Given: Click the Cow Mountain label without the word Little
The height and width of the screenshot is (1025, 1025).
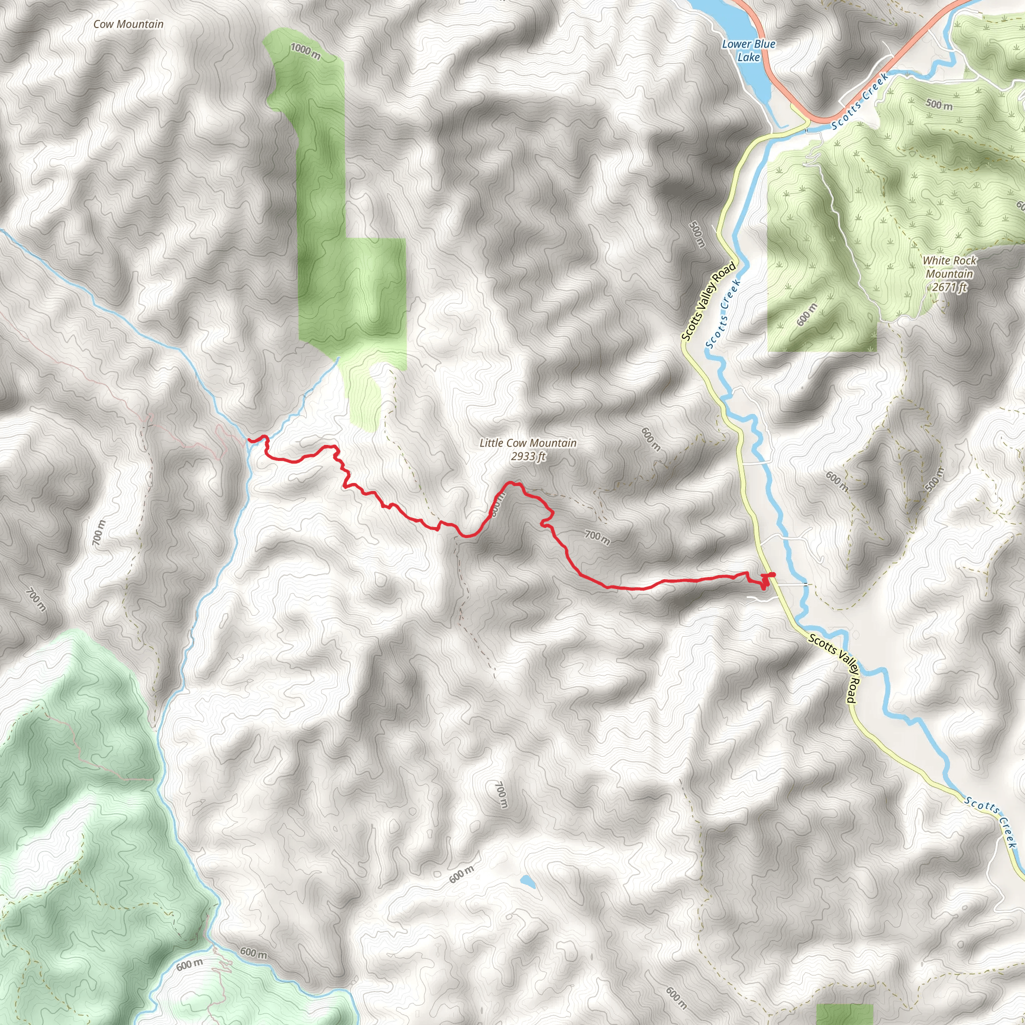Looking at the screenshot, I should (129, 25).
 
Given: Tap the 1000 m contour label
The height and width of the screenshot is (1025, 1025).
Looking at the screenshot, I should (306, 52).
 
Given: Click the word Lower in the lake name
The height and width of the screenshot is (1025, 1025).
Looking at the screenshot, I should (736, 45).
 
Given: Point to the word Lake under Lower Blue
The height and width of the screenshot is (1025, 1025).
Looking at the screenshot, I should (748, 57).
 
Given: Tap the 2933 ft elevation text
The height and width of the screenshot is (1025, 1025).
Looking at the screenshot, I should (528, 456).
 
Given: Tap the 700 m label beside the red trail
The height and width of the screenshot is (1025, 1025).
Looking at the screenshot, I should (597, 538).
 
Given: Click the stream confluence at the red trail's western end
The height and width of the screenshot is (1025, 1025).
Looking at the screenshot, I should (249, 440).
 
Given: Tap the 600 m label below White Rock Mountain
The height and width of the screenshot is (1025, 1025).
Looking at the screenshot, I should (807, 315).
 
